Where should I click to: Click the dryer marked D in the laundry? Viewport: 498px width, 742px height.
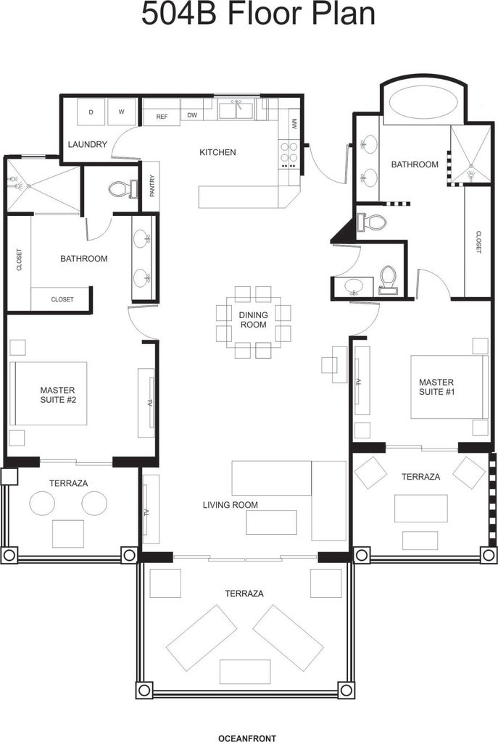pyautogui.click(x=91, y=112)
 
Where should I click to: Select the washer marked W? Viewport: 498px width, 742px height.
pyautogui.click(x=122, y=112)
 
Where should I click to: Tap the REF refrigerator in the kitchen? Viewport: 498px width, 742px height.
pyautogui.click(x=162, y=117)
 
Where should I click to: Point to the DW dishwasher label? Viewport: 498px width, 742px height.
pyautogui.click(x=192, y=115)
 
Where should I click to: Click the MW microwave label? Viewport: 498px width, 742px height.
pyautogui.click(x=294, y=124)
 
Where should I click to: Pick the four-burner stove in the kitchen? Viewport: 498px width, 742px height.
pyautogui.click(x=289, y=154)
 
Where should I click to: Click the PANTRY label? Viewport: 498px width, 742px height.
pyautogui.click(x=152, y=186)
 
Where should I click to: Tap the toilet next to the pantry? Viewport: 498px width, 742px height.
pyautogui.click(x=123, y=190)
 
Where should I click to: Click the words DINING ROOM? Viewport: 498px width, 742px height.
pyautogui.click(x=253, y=320)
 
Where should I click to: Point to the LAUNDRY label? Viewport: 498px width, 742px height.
pyautogui.click(x=88, y=144)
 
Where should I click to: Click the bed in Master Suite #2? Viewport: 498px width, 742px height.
pyautogui.click(x=49, y=393)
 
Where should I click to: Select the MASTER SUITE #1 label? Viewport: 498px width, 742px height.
pyautogui.click(x=436, y=387)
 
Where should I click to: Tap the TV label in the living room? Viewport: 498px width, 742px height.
pyautogui.click(x=147, y=512)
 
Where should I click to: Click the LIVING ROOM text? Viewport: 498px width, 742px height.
pyautogui.click(x=231, y=505)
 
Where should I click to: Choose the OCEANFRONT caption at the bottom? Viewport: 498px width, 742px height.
pyautogui.click(x=247, y=738)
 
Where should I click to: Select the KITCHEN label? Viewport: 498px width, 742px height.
pyautogui.click(x=217, y=152)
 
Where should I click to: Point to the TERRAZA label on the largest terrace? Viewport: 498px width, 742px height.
pyautogui.click(x=244, y=593)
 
